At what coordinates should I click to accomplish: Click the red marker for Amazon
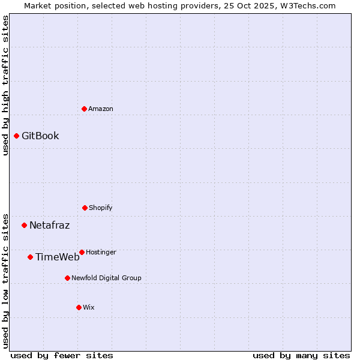point(84,109)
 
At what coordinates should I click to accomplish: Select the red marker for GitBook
point(16,136)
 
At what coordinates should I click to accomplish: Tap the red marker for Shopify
point(85,208)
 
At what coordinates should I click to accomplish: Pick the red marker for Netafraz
point(24,226)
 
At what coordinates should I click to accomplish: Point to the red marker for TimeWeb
point(30,257)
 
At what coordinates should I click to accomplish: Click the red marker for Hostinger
point(82,252)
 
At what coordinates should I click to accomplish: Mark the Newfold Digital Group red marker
point(67,278)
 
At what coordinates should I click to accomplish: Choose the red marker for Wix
point(79,307)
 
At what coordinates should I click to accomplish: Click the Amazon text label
point(101,109)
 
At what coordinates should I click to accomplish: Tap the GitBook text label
point(40,136)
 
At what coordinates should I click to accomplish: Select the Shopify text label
point(101,208)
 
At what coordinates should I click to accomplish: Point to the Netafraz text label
point(49,226)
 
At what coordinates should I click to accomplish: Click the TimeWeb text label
point(57,257)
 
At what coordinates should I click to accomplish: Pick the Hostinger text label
point(101,252)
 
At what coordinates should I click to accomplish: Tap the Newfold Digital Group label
point(106,278)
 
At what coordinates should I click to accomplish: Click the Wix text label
point(89,307)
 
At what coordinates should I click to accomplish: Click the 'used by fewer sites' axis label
point(62,355)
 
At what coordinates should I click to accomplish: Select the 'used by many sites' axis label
point(301,355)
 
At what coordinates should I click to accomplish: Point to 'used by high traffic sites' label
point(5,85)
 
